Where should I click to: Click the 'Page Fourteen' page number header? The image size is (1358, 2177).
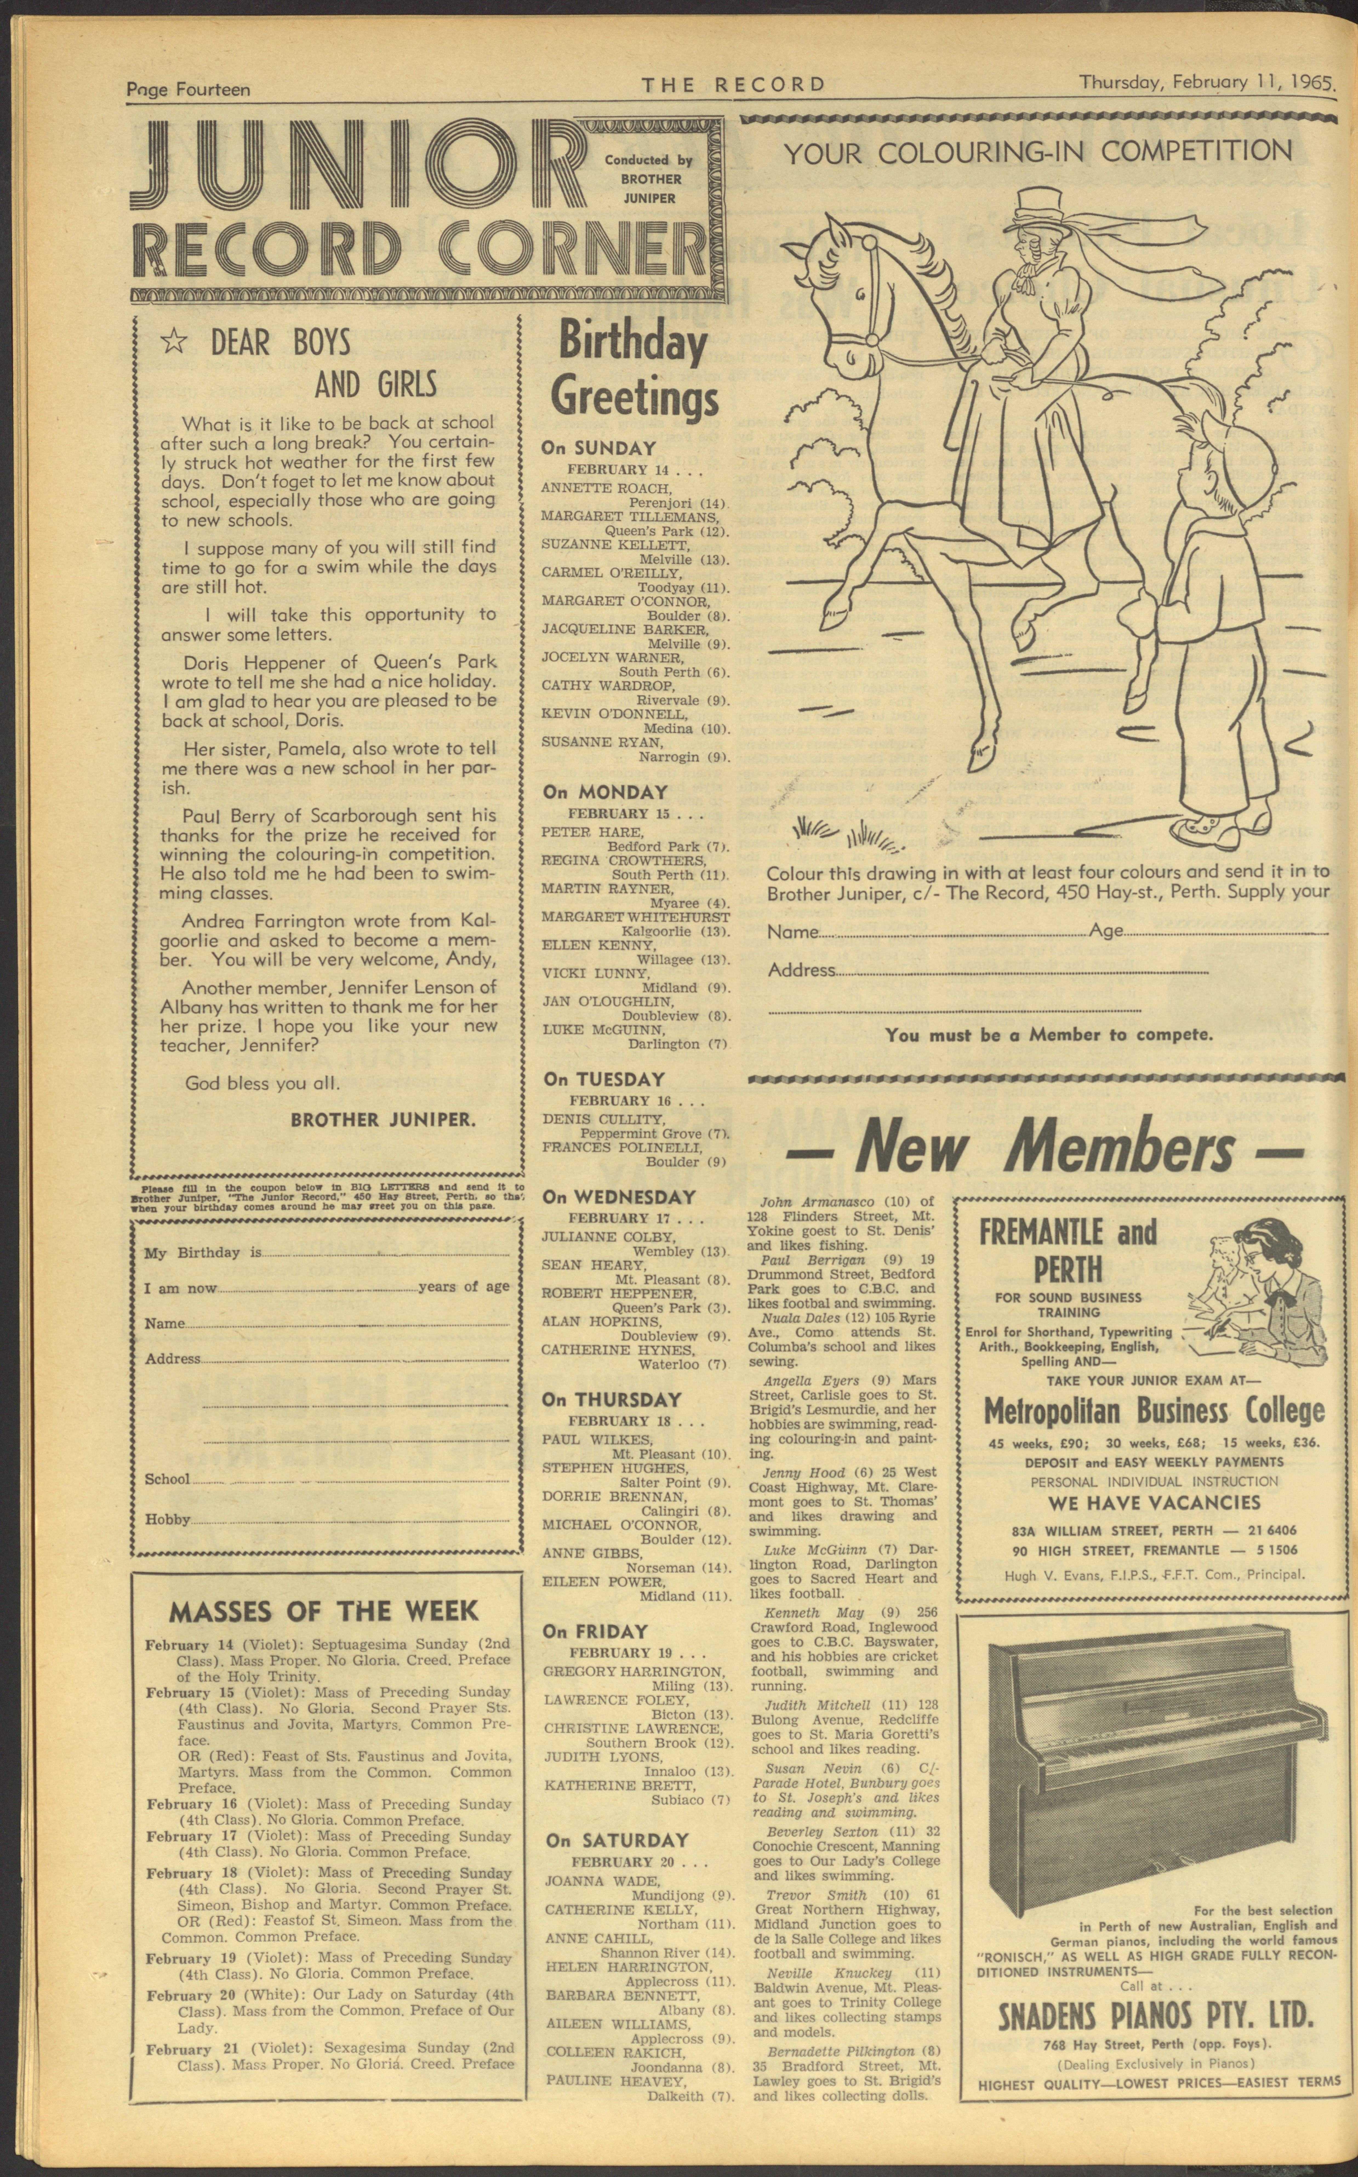pos(189,89)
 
